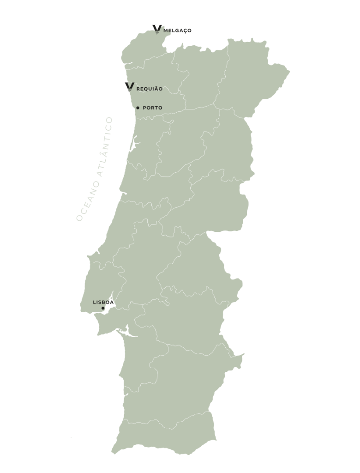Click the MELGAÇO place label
click(x=177, y=30)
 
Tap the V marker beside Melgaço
click(x=157, y=29)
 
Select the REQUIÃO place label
click(x=150, y=89)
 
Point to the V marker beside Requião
click(x=130, y=86)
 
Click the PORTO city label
click(x=153, y=108)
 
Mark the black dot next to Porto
click(x=138, y=108)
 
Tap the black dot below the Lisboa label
click(x=103, y=308)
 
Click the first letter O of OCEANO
click(x=79, y=218)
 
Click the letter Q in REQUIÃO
click(x=145, y=89)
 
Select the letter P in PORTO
click(x=145, y=108)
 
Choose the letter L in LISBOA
click(x=94, y=302)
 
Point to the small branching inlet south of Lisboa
click(x=126, y=331)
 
